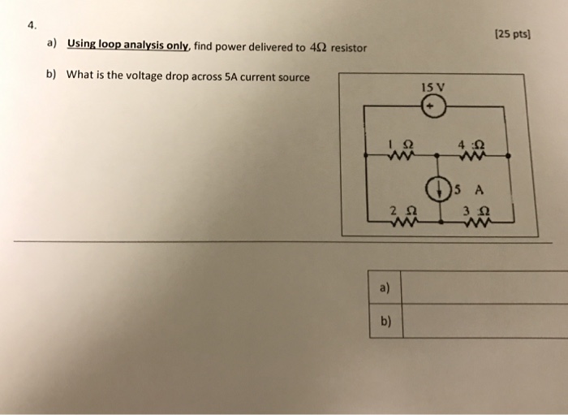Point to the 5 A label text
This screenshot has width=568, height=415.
pyautogui.click(x=471, y=192)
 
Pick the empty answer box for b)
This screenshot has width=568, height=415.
pyautogui.click(x=484, y=320)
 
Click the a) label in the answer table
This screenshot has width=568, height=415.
pyautogui.click(x=384, y=287)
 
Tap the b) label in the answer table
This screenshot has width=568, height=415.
pyautogui.click(x=384, y=320)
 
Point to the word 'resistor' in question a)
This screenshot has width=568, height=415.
pyautogui.click(x=348, y=48)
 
